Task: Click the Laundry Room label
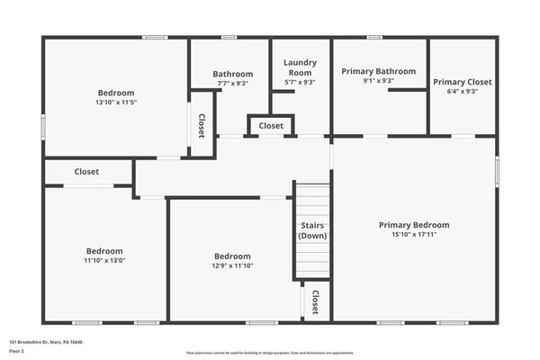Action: tap(301, 67)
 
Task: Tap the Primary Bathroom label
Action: tap(377, 71)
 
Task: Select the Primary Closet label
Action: tap(462, 81)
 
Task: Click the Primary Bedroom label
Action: tap(413, 225)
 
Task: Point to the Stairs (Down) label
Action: tap(311, 230)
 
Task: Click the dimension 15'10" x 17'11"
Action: tap(413, 235)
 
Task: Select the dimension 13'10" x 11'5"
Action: tap(116, 102)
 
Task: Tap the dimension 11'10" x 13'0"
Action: tap(104, 261)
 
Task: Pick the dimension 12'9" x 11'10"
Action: tap(231, 265)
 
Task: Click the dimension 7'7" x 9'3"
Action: tap(232, 84)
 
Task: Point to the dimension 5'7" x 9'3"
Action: tap(301, 83)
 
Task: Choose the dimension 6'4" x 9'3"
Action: tap(462, 91)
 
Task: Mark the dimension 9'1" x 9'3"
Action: tap(377, 81)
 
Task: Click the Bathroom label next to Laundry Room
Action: tap(232, 74)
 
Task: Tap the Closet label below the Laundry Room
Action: tap(271, 126)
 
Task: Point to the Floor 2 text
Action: tap(18, 350)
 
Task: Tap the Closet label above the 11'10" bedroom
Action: tap(86, 171)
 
